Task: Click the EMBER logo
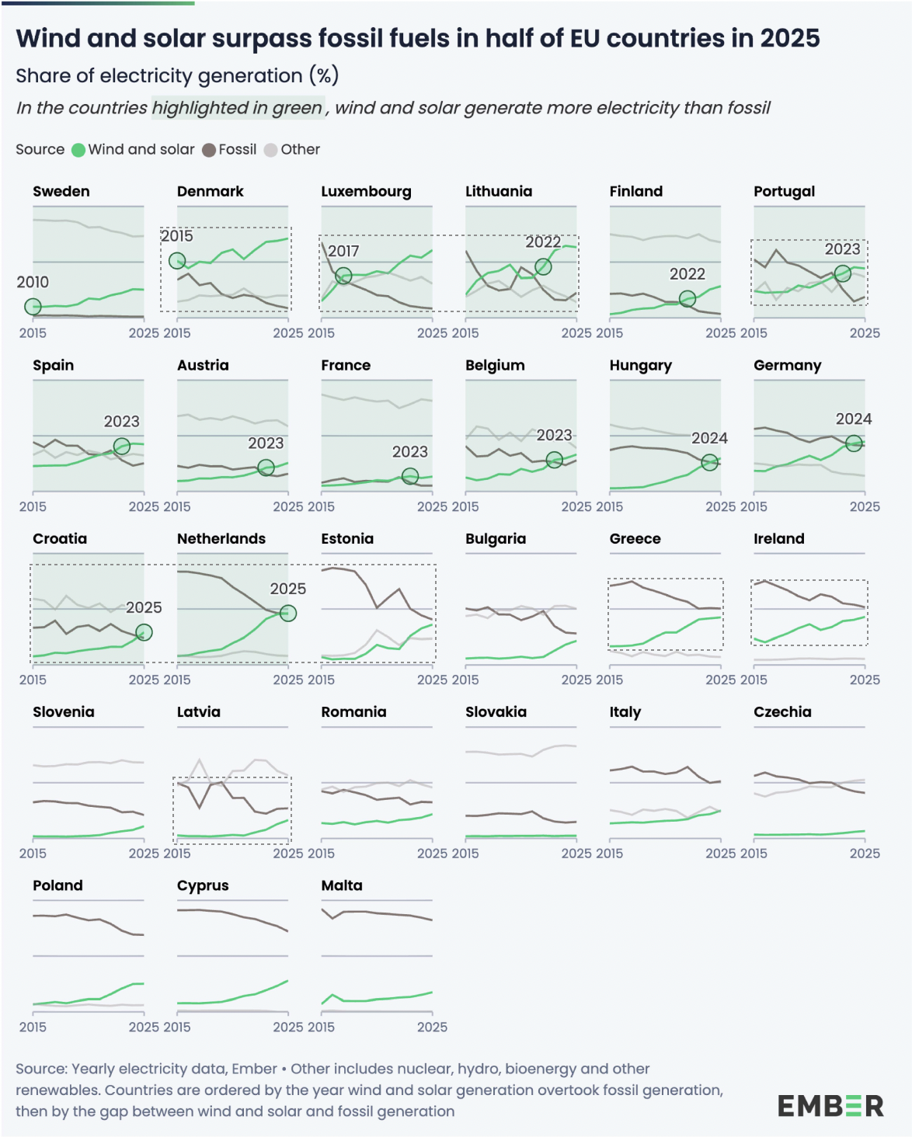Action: pos(830,1105)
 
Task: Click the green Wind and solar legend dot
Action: pos(78,150)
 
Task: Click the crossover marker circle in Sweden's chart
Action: pos(33,307)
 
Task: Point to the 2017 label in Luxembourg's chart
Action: pos(343,251)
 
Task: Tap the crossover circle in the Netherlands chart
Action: pos(288,614)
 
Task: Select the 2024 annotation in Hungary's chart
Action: pos(709,438)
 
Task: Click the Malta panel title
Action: pos(342,885)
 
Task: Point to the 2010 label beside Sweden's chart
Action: pos(33,282)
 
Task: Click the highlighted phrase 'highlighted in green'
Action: pos(237,108)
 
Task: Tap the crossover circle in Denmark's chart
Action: pos(177,261)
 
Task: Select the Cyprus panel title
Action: pos(203,885)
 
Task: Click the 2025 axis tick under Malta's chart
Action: pos(432,1027)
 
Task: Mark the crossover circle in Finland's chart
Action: pos(687,299)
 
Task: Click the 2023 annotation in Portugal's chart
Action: pos(842,249)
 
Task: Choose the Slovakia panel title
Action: pos(496,712)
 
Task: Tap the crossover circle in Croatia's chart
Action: pos(144,632)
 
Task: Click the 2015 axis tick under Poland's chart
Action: pos(33,1027)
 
